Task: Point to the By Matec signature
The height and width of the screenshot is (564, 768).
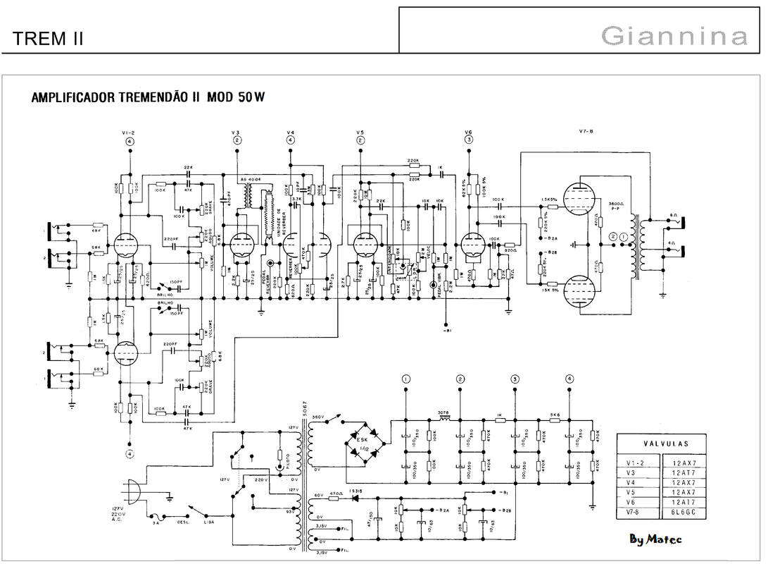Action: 655,539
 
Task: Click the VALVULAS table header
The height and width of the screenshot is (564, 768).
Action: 665,444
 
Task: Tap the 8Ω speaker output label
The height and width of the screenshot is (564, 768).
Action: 673,214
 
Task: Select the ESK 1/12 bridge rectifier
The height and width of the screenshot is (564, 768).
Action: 363,445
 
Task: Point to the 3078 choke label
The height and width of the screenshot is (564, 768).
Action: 443,412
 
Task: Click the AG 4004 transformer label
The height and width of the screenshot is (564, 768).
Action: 251,180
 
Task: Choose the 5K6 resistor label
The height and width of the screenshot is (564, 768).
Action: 555,415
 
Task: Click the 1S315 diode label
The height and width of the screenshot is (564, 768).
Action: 358,491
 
